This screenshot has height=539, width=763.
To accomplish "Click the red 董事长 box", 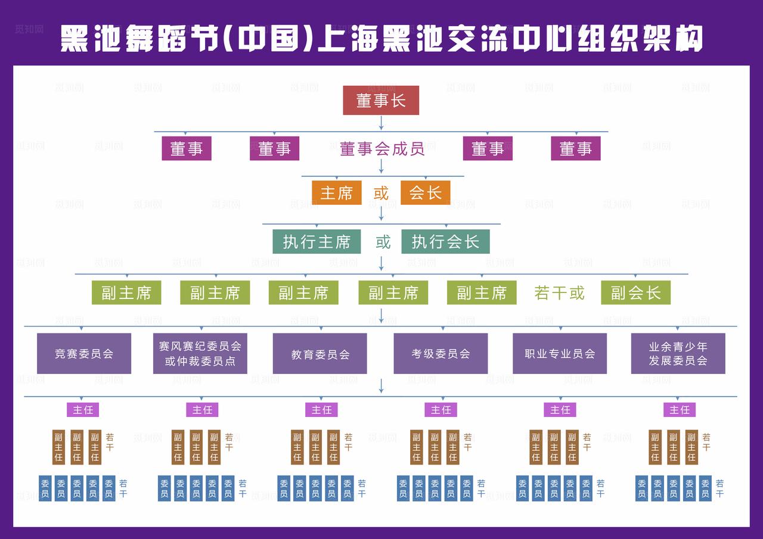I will (x=381, y=100).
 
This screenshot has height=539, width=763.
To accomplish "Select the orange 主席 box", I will (x=336, y=193).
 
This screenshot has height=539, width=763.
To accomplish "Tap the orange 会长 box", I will (x=425, y=193).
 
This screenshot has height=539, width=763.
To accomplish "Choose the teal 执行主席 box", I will (x=317, y=242).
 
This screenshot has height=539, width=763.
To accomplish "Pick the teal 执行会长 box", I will (x=445, y=242).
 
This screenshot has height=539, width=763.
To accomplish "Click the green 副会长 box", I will (x=635, y=293).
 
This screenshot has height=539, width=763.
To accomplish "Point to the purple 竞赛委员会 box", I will (x=84, y=353).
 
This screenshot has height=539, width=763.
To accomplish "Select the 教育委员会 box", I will (x=320, y=354).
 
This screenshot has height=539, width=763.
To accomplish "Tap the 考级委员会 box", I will (x=441, y=353).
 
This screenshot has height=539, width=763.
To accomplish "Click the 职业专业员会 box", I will (x=560, y=353).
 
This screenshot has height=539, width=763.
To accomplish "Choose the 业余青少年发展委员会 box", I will (x=678, y=353).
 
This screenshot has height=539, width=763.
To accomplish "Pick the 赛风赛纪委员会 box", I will (x=200, y=353).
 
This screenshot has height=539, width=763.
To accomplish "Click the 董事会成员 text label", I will (x=382, y=149).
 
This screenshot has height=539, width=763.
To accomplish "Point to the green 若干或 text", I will (x=559, y=293).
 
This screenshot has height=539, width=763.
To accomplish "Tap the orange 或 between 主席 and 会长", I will (x=381, y=194).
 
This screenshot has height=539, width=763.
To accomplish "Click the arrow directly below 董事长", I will (x=381, y=123).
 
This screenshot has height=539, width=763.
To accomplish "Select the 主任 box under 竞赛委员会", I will (x=83, y=410).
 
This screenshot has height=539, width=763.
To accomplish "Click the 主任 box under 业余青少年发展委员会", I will (x=679, y=410).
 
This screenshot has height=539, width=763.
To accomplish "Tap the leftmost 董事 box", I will (x=187, y=149).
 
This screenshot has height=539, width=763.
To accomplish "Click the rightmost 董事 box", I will (x=575, y=149).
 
